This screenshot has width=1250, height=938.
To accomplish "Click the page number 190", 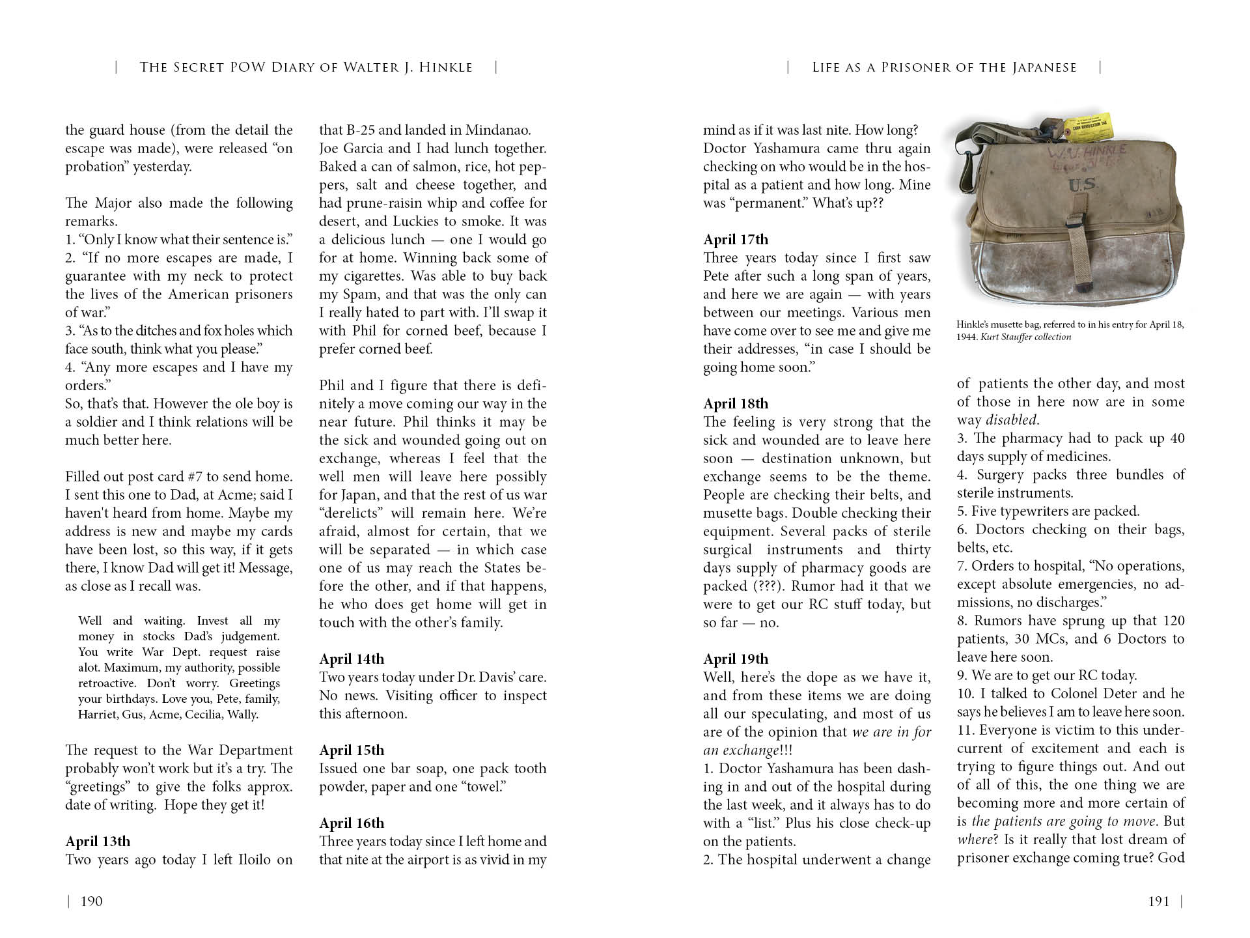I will pyautogui.click(x=91, y=902).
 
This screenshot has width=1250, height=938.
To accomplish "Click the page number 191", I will pyautogui.click(x=1158, y=902).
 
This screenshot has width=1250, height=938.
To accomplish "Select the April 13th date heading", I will pyautogui.click(x=98, y=842).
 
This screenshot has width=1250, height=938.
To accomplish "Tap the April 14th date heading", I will pyautogui.click(x=352, y=659).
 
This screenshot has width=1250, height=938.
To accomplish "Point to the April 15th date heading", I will pyautogui.click(x=352, y=750).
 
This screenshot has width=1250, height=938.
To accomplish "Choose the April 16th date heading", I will pyautogui.click(x=352, y=823).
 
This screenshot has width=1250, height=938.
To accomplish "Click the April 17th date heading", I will pyautogui.click(x=736, y=240).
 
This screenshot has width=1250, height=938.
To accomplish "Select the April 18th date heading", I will pyautogui.click(x=736, y=404).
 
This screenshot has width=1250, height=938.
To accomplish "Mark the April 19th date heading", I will pyautogui.click(x=736, y=659).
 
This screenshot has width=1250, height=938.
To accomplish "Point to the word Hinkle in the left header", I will pyautogui.click(x=447, y=67).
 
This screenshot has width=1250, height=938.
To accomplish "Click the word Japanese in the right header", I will pyautogui.click(x=1046, y=67).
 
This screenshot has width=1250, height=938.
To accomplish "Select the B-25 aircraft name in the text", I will pyautogui.click(x=361, y=130).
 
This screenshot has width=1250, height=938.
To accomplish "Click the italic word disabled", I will pyautogui.click(x=1012, y=420).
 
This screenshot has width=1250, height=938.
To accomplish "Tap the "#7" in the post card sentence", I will pyautogui.click(x=196, y=477).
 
